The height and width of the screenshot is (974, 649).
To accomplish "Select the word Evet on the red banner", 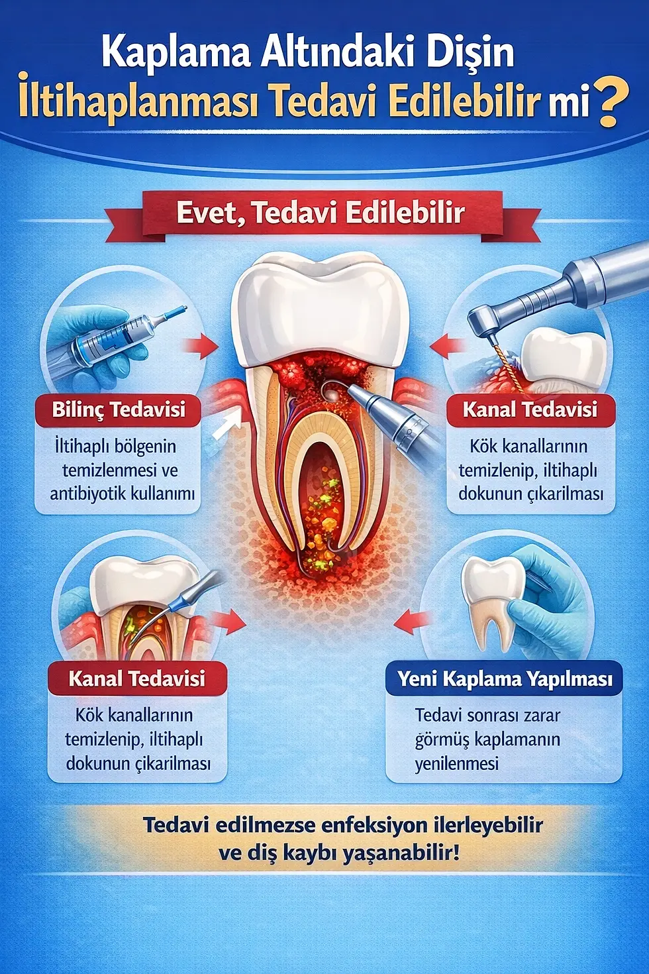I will click(x=206, y=213).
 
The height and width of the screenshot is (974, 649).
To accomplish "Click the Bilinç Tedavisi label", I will click(x=119, y=409).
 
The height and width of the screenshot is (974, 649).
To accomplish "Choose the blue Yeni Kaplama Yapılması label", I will click(x=505, y=678).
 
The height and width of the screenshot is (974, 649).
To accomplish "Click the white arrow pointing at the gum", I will click(x=225, y=423).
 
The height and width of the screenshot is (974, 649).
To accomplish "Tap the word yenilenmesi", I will click(x=456, y=763).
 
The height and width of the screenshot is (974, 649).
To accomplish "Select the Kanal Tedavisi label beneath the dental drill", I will click(x=530, y=409).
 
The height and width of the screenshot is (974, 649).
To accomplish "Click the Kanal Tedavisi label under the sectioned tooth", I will click(x=137, y=678).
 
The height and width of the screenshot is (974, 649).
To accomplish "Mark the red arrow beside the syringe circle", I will click(x=201, y=345).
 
